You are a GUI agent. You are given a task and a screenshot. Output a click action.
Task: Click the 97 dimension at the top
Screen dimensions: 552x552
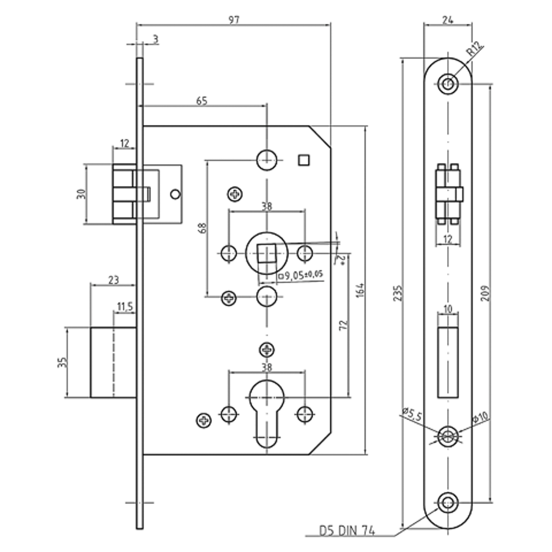click(x=233, y=20)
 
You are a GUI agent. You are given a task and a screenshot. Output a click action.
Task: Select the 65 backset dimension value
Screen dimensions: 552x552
click(x=201, y=101)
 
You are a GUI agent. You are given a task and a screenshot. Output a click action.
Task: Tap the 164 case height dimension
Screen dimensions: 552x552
click(x=360, y=290)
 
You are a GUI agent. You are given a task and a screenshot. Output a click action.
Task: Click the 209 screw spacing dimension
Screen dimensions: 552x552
click(x=485, y=293)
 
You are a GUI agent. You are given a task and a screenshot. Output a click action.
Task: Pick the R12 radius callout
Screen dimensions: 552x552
click(x=475, y=49)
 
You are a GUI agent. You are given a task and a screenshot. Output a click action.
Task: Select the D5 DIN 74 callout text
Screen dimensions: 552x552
click(x=347, y=530)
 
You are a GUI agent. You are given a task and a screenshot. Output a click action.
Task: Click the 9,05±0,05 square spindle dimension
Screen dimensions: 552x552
click(x=301, y=275)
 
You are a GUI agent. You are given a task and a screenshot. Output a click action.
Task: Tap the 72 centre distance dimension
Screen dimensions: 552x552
click(x=343, y=325)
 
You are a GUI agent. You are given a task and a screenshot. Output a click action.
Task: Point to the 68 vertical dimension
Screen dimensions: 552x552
click(x=202, y=228)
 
